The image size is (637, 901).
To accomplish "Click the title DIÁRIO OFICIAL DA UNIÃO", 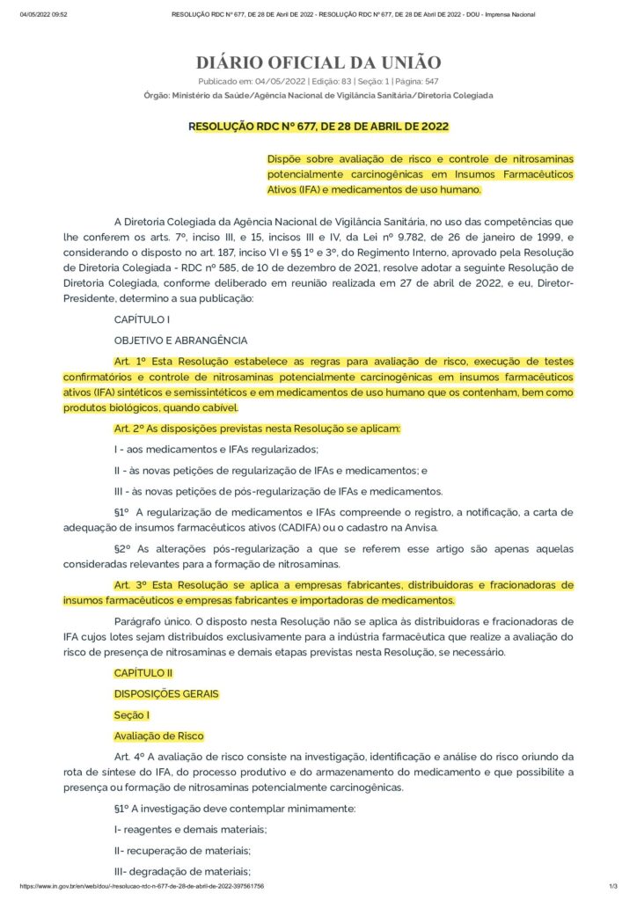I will point(318,62).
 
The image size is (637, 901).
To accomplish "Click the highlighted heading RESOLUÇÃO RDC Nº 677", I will point(318,127).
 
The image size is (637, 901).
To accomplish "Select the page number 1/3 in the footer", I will point(613,886).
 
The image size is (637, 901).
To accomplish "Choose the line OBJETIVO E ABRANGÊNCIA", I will point(180,340).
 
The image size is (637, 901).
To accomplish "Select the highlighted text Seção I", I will point(132,714).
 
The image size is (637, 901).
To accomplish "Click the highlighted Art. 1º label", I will point(129,361).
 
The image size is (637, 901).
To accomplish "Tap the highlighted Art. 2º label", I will point(129,428).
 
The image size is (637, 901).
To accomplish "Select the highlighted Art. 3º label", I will point(129,584).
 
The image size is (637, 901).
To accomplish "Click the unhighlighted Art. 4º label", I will point(129,757).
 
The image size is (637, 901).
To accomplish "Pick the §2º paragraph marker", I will point(122,548).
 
